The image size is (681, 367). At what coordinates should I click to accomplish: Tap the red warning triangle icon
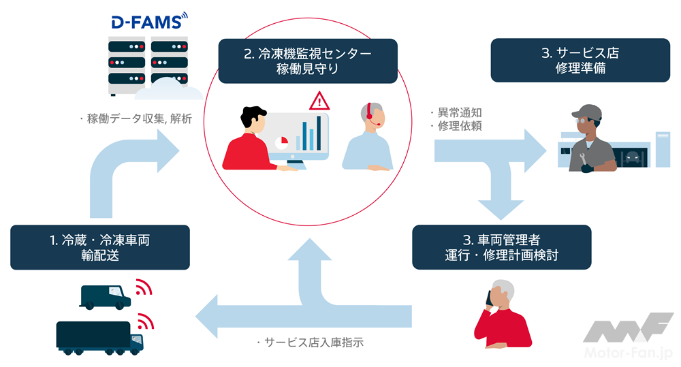tap(318, 102)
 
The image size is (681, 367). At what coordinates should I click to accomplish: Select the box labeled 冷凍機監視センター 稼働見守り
tap(307, 61)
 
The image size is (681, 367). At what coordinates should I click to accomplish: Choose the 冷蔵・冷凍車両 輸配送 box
tap(99, 247)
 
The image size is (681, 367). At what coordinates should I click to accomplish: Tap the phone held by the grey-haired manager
tap(490, 295)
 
